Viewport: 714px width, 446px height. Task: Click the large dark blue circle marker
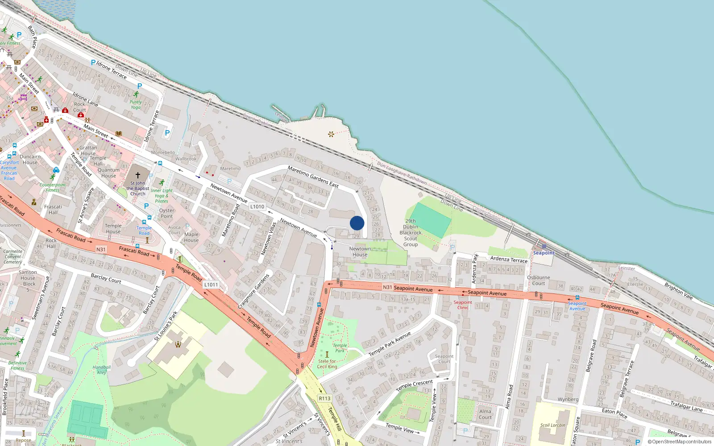357,223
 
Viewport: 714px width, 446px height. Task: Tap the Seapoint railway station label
544,253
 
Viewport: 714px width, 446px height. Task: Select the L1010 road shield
257,206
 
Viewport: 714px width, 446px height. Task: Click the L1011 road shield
211,285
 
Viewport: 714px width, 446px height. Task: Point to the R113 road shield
324,398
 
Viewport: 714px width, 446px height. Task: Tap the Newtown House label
360,252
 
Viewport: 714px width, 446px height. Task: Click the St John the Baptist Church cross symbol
138,175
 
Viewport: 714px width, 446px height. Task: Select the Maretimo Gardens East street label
313,177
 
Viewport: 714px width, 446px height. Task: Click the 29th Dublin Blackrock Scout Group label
411,233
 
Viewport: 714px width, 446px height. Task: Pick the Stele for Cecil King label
327,364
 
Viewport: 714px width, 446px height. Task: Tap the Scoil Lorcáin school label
552,425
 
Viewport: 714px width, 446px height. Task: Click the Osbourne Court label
538,280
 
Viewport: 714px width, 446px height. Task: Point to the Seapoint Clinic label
463,305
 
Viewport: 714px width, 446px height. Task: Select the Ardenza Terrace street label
509,259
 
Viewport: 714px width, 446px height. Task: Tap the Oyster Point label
166,213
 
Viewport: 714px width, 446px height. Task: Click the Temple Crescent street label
414,385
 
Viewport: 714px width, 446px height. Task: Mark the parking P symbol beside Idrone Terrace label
93,63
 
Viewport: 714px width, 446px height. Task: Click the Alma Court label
485,414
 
